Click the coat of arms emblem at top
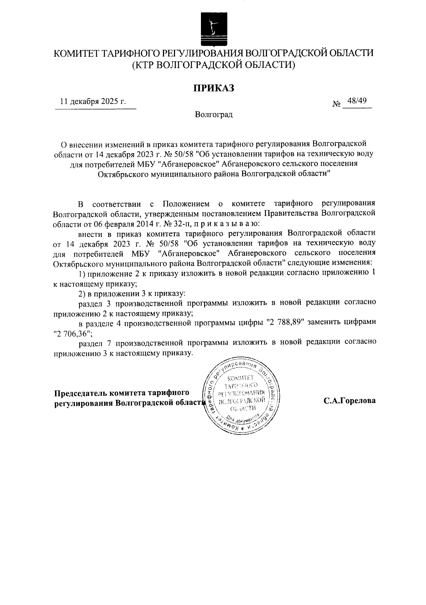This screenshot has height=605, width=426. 213,28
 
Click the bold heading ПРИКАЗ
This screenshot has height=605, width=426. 213,88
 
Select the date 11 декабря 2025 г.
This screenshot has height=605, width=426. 93,102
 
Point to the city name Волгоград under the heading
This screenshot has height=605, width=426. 213,115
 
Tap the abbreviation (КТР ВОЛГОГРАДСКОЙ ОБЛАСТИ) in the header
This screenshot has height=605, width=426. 213,65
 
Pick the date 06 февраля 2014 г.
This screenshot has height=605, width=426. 127,224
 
